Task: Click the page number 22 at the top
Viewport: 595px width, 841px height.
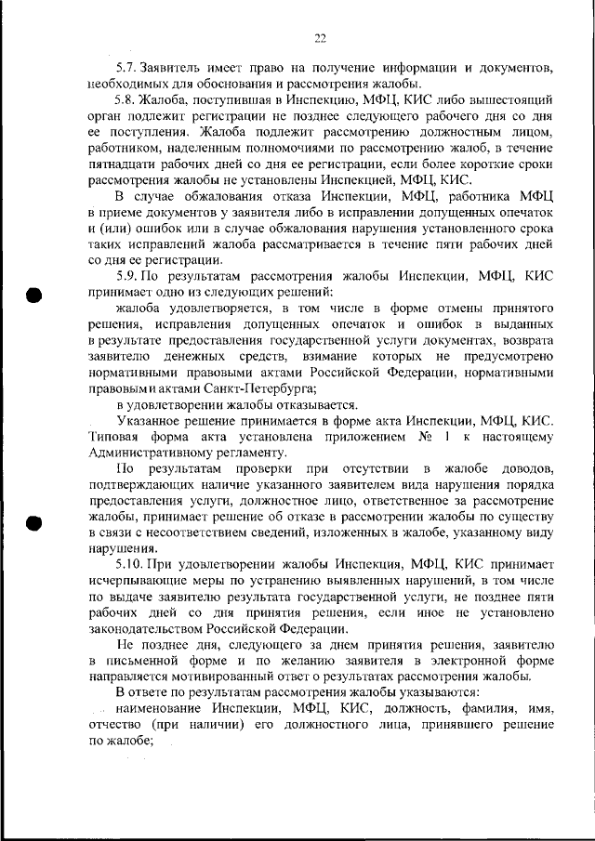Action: (x=320, y=38)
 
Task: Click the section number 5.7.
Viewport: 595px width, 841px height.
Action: (x=128, y=70)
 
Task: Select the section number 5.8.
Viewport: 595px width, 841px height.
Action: (x=128, y=99)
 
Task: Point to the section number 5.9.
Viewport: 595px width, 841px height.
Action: (x=128, y=276)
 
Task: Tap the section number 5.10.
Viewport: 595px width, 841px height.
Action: (x=132, y=564)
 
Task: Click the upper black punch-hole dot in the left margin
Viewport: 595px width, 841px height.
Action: (x=33, y=296)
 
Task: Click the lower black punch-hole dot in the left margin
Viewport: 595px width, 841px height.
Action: (x=33, y=522)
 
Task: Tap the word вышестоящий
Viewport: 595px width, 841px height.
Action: (x=518, y=99)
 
